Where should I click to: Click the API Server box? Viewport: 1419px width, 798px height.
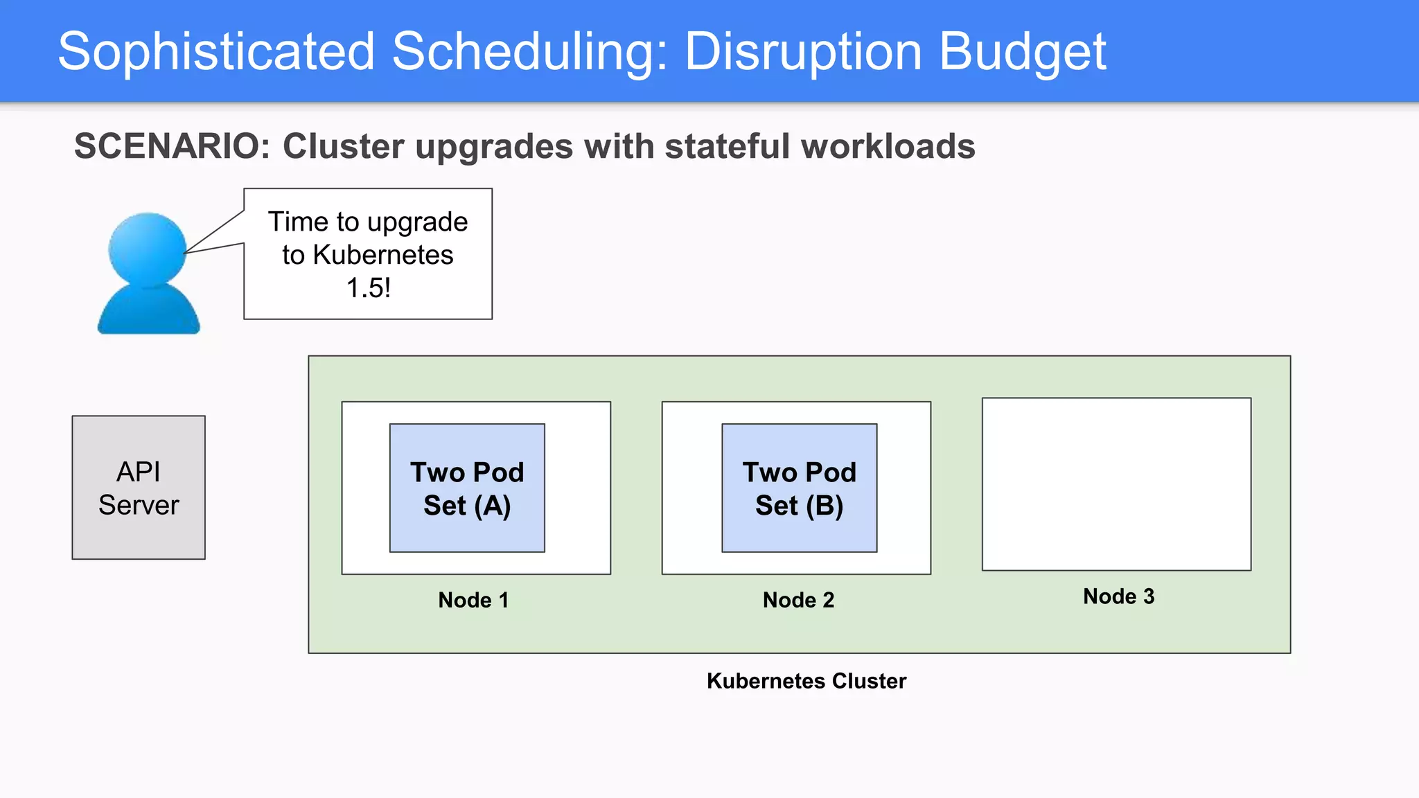pos(139,488)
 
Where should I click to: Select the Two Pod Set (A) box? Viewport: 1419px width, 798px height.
pos(467,488)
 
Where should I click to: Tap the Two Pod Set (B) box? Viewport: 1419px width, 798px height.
pos(799,488)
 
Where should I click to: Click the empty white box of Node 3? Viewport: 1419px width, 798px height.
pos(1116,484)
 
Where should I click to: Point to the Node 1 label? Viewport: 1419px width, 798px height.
pos(473,600)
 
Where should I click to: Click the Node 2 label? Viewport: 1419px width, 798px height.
pos(798,600)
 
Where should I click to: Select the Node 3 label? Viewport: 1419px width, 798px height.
pos(1118,596)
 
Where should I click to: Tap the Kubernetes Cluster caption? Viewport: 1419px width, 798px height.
pos(806,681)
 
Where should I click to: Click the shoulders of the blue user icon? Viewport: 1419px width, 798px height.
pos(148,312)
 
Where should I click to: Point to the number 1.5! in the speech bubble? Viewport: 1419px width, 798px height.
pos(368,288)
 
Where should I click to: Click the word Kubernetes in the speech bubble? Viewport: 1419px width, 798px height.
pos(382,255)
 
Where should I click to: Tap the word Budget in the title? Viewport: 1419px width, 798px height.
pos(1022,52)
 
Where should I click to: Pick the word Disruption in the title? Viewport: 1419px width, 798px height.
pos(803,52)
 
